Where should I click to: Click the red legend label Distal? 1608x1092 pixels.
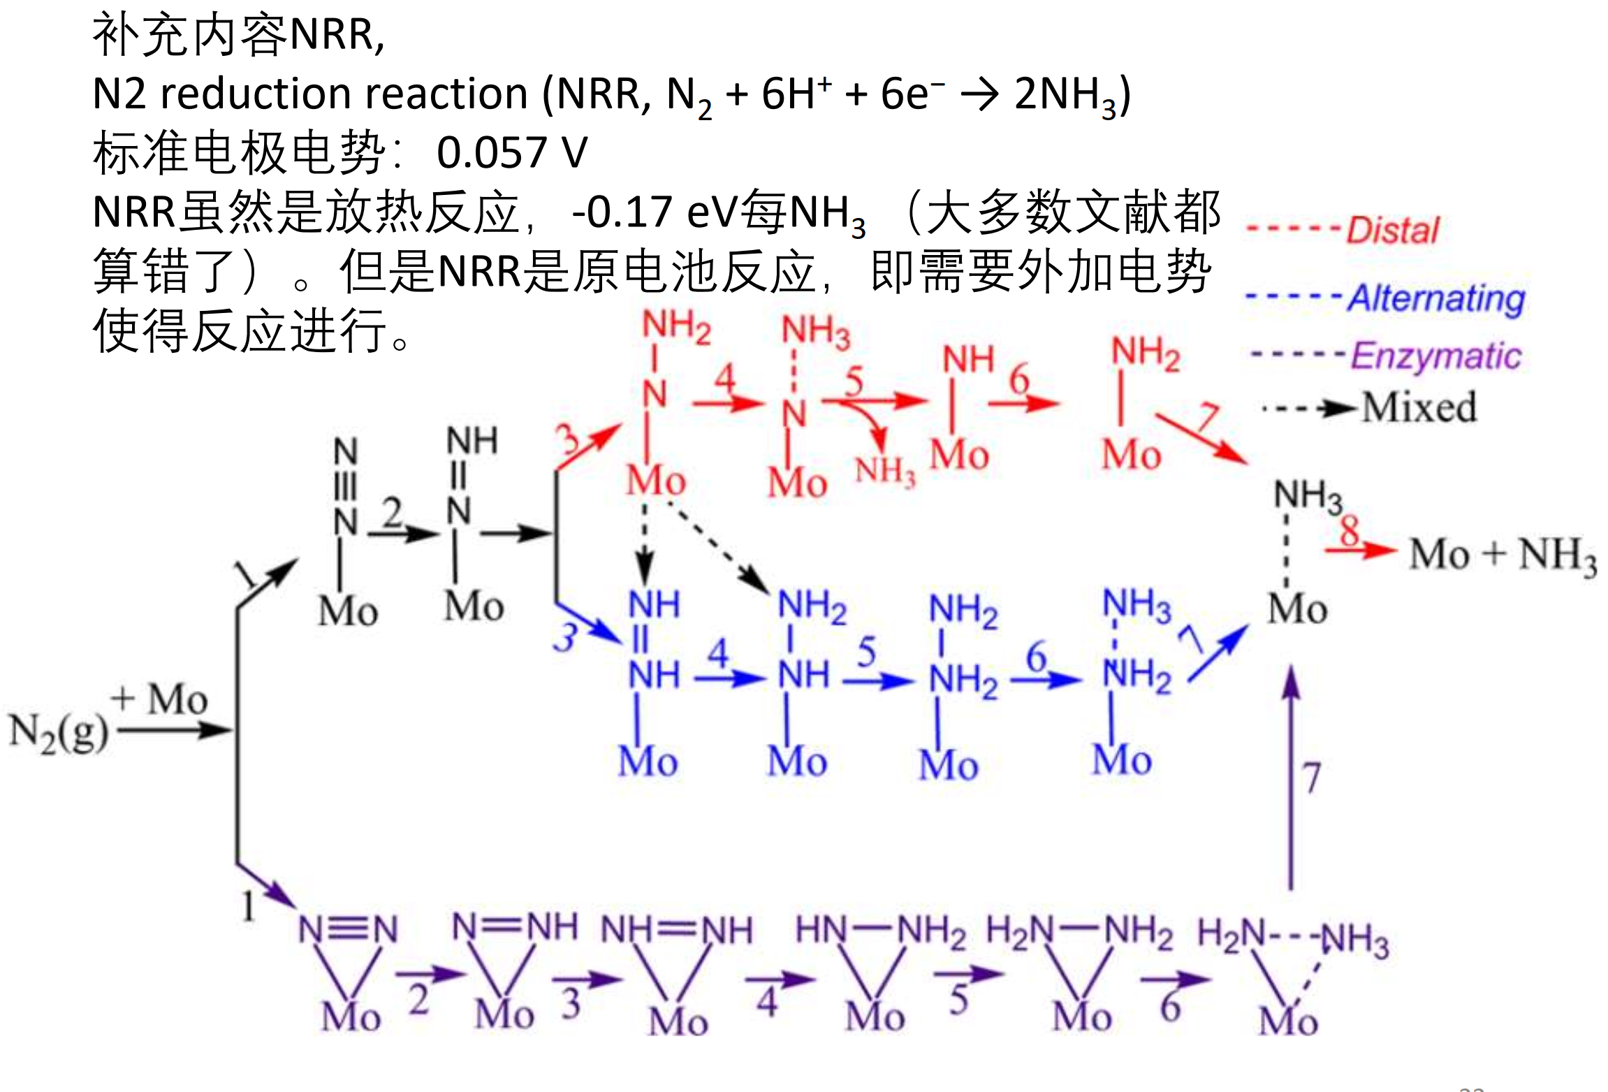pyautogui.click(x=1393, y=230)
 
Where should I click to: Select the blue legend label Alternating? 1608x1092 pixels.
pyautogui.click(x=1436, y=298)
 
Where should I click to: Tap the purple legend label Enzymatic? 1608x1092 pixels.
pyautogui.click(x=1436, y=356)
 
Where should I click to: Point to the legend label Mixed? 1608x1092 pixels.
pyautogui.click(x=1419, y=407)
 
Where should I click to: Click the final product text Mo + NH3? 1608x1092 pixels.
pyautogui.click(x=1502, y=556)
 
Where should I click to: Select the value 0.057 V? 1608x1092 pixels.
pyautogui.click(x=512, y=152)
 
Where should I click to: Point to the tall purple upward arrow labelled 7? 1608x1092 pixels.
pyautogui.click(x=1292, y=776)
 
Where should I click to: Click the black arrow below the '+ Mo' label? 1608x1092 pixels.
pyautogui.click(x=175, y=731)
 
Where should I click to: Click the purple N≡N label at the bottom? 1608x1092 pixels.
pyautogui.click(x=348, y=930)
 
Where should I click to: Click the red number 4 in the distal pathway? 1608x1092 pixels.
pyautogui.click(x=725, y=379)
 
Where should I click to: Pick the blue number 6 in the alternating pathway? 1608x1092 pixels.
pyautogui.click(x=1036, y=657)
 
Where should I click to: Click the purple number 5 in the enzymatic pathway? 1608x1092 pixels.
pyautogui.click(x=959, y=1000)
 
